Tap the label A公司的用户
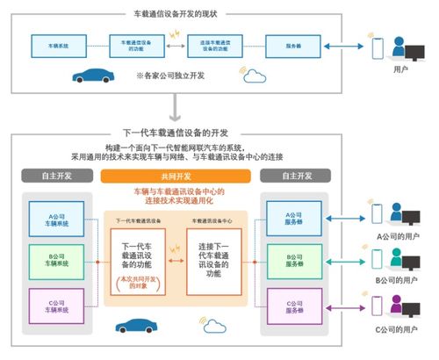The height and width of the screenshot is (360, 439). click(397, 237)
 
